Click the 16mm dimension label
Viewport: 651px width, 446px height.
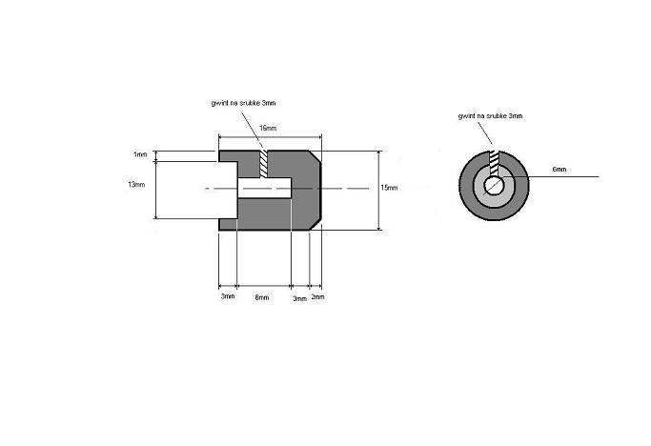tap(268, 128)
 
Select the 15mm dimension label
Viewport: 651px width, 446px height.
tap(389, 188)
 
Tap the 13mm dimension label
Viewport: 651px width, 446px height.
tap(136, 184)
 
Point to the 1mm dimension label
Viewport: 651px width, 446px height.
tap(140, 154)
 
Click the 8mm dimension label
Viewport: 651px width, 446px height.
tap(262, 297)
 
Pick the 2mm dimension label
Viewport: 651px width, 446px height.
tap(317, 296)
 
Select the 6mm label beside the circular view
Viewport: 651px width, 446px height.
tap(559, 170)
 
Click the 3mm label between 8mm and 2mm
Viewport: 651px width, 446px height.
tap(299, 298)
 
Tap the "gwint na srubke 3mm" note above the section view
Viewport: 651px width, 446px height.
tap(243, 103)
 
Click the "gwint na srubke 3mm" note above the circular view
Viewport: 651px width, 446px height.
tap(490, 116)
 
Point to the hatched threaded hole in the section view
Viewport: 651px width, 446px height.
tap(264, 164)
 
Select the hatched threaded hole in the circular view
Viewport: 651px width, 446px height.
tap(494, 163)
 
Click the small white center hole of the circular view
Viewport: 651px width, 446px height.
tap(494, 185)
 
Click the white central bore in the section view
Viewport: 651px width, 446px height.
tap(264, 188)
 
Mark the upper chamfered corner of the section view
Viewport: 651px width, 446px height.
tap(315, 156)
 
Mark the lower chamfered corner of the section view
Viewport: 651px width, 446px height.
tap(315, 223)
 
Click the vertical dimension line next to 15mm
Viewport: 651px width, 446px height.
tap(378, 191)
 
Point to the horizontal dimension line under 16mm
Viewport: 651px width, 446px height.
tap(271, 136)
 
